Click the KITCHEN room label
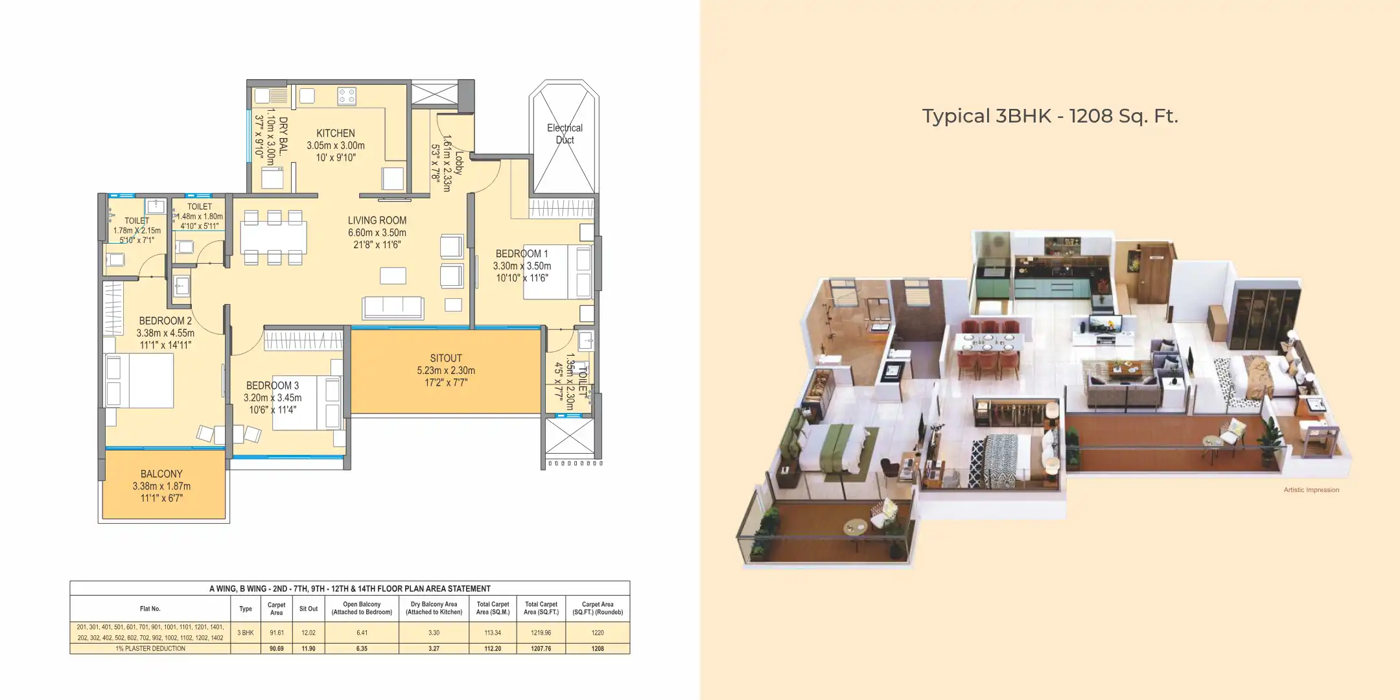click(x=335, y=133)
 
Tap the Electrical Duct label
click(x=565, y=134)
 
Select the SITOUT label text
click(x=446, y=358)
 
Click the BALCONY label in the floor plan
click(x=161, y=474)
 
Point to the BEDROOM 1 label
click(x=522, y=253)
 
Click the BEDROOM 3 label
click(x=272, y=385)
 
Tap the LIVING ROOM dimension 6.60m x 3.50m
click(x=377, y=233)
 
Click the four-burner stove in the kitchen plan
click(x=347, y=97)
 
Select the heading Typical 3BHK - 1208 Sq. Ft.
click(x=1049, y=116)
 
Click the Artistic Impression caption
click(x=1311, y=490)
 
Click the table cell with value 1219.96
click(x=541, y=633)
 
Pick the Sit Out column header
click(x=309, y=609)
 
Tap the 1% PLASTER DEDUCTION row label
click(x=150, y=648)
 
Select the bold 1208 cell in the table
click(x=597, y=648)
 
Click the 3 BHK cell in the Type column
click(x=246, y=633)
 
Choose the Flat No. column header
click(x=150, y=609)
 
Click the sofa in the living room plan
click(x=393, y=307)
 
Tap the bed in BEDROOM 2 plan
click(x=139, y=380)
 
